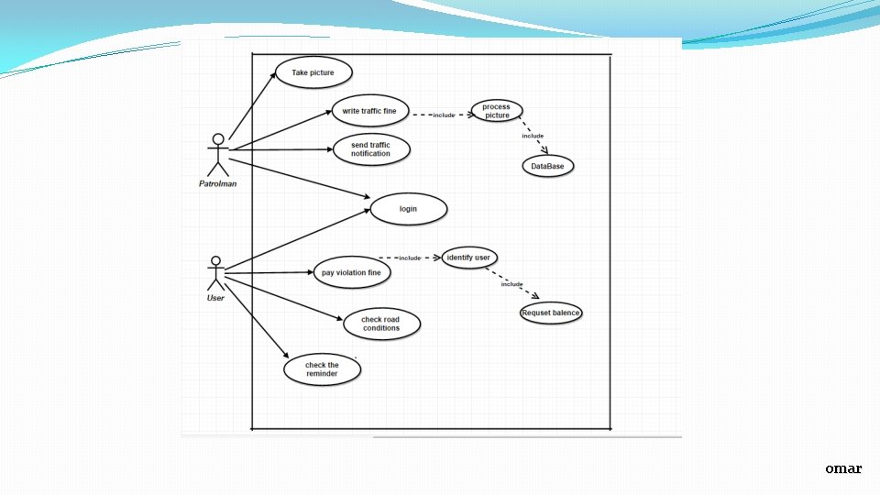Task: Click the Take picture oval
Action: tap(313, 72)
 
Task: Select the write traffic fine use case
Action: tap(369, 112)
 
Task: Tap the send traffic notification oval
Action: tap(370, 149)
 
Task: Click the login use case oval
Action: tap(408, 209)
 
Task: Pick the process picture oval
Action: tap(496, 112)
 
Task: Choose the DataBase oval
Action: tap(548, 166)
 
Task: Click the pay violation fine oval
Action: tap(351, 272)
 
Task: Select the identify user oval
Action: tap(467, 258)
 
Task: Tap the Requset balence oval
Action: tap(551, 313)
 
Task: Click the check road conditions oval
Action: tap(381, 324)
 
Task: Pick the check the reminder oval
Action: tap(322, 369)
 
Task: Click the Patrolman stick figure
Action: tap(217, 154)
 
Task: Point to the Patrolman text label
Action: tap(217, 183)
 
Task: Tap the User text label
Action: tap(215, 298)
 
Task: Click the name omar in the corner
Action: tap(842, 468)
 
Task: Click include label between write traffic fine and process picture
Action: tap(444, 115)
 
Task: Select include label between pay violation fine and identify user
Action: tap(410, 258)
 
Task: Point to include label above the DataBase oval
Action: tap(533, 136)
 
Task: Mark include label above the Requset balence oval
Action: tap(511, 284)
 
